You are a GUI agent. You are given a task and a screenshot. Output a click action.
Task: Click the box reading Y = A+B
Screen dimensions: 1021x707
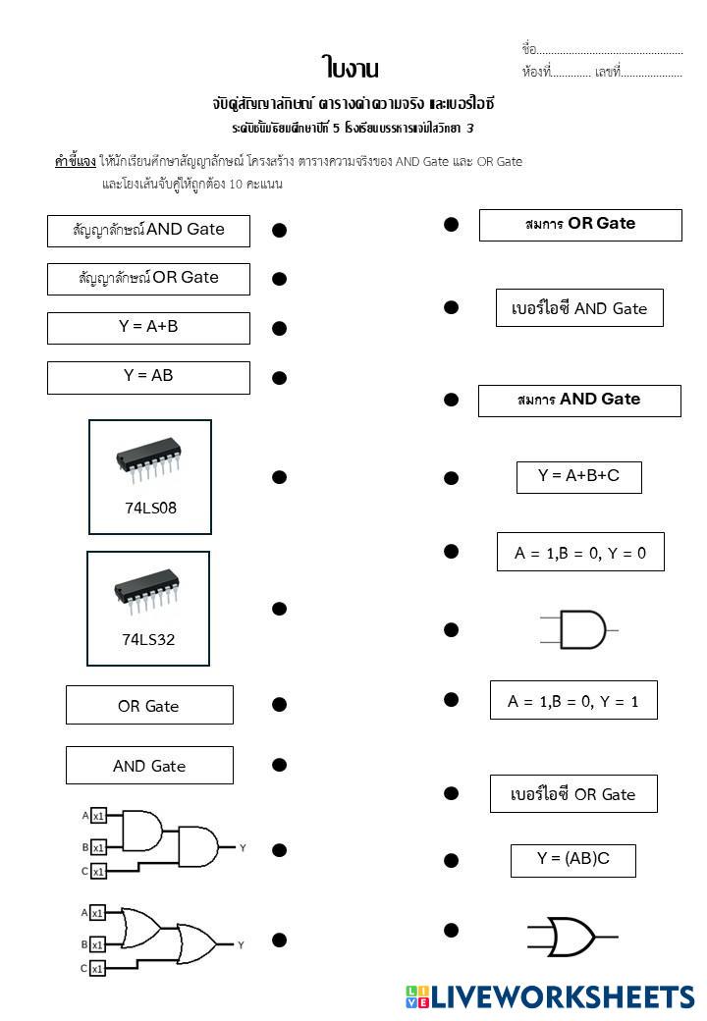tap(148, 328)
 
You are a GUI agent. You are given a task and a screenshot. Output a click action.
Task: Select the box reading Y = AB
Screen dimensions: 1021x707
tap(148, 377)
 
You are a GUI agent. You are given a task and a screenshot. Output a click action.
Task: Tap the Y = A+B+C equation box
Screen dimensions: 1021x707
tap(578, 477)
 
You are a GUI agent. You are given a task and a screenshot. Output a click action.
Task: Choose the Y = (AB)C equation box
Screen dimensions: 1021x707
tap(572, 860)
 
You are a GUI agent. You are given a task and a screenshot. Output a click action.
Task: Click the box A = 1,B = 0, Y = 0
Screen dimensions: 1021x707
tap(580, 552)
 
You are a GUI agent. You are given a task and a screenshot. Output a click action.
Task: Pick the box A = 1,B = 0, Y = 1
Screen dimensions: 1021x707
tap(573, 701)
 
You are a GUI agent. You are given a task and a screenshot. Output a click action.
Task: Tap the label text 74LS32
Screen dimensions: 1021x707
tap(148, 640)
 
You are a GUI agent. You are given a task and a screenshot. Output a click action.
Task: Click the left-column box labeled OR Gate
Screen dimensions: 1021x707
tap(149, 706)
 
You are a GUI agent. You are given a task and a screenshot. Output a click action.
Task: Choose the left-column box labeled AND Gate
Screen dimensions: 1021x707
tap(149, 766)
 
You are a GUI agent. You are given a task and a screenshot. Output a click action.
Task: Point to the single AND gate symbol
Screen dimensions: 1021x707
tap(579, 629)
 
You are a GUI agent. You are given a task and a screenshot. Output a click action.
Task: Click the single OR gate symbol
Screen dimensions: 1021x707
tap(570, 938)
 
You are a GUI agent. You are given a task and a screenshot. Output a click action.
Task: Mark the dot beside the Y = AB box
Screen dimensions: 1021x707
tap(279, 378)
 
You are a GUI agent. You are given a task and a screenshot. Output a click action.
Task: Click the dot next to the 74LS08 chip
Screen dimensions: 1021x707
tap(279, 477)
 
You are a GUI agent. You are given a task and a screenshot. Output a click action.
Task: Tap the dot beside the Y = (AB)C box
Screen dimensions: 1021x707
tap(451, 861)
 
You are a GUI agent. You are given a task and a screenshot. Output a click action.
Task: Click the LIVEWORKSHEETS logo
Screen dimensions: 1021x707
tap(550, 997)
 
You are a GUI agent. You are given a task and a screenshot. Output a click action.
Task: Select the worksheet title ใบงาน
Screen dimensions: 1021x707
tap(350, 68)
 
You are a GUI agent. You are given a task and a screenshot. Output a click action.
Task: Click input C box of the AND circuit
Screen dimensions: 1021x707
tap(98, 871)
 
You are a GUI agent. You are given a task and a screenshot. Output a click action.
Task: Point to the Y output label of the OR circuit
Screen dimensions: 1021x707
tap(241, 944)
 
